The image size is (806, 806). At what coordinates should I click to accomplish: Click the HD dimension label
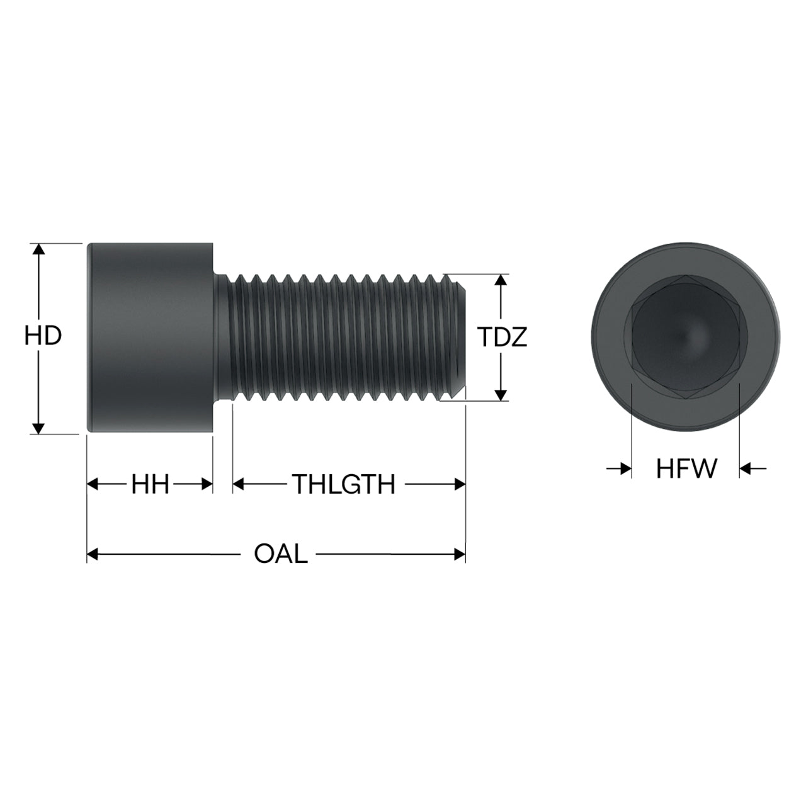click(x=43, y=336)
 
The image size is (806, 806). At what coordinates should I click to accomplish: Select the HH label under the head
click(x=150, y=485)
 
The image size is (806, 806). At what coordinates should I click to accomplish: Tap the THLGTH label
click(x=343, y=484)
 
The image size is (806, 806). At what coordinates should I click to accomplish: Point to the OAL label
click(x=281, y=555)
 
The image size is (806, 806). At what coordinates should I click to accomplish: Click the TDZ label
click(x=502, y=337)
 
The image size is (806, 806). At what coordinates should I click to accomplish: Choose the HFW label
click(x=686, y=469)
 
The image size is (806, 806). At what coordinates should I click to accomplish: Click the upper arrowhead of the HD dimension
click(x=38, y=249)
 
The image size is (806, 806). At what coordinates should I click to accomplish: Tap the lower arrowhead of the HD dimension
click(x=38, y=429)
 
